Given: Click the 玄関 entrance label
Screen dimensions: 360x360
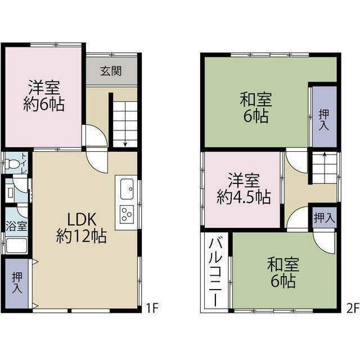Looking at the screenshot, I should pyautogui.click(x=111, y=71).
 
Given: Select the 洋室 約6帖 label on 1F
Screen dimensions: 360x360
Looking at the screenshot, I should pyautogui.click(x=43, y=96).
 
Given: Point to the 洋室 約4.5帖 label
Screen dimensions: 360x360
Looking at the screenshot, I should pyautogui.click(x=243, y=189).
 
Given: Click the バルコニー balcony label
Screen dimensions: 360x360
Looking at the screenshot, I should pyautogui.click(x=215, y=270).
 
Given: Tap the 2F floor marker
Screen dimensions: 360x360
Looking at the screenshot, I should pyautogui.click(x=352, y=308).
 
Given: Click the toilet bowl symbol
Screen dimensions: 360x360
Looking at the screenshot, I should pyautogui.click(x=12, y=165).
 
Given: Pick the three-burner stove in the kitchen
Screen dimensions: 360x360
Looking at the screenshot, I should pyautogui.click(x=126, y=215).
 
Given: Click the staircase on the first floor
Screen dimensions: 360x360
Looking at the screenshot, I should pyautogui.click(x=125, y=120).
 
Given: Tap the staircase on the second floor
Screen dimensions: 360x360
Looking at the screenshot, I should pyautogui.click(x=325, y=168).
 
